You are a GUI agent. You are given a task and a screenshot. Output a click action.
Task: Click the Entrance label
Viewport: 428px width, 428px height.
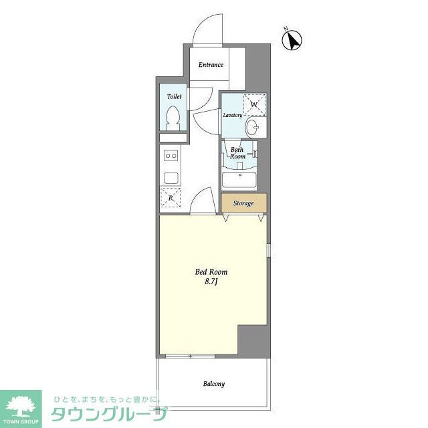tap(211, 65)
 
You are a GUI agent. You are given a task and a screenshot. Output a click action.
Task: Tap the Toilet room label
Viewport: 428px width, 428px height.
tap(175, 96)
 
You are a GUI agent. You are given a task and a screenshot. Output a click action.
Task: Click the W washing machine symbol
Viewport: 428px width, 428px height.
tap(254, 104)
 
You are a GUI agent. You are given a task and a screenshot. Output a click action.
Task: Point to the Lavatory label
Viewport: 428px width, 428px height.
tap(232, 116)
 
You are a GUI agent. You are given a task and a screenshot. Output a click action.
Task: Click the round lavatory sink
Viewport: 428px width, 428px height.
tap(253, 126)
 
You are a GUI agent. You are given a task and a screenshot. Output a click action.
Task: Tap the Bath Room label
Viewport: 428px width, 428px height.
tap(237, 153)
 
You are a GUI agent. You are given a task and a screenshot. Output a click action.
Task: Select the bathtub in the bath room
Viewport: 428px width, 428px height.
tap(239, 180)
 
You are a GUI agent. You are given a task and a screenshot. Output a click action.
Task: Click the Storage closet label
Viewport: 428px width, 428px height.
tap(243, 203)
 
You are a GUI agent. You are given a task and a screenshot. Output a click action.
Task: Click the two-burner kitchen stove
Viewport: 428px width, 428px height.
tap(171, 155)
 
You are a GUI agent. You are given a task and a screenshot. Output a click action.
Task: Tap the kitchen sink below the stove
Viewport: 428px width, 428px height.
tap(171, 177)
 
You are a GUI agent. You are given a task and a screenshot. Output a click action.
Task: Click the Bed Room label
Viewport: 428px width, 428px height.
tap(211, 272)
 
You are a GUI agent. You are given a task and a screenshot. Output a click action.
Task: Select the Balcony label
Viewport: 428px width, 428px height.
tap(214, 384)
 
